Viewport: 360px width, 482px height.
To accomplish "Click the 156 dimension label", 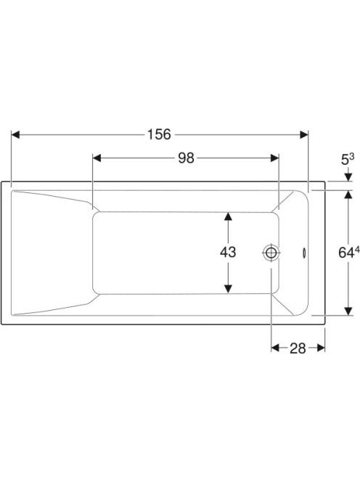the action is (159, 134).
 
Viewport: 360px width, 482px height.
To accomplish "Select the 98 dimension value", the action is (187, 158).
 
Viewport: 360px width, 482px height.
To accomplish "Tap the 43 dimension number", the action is (228, 252).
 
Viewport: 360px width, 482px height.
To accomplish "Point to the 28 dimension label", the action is (298, 348).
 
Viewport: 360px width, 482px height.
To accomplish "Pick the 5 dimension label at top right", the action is (345, 160).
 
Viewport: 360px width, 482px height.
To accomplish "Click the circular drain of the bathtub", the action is (271, 253).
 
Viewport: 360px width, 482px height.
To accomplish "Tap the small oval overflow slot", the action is (304, 253).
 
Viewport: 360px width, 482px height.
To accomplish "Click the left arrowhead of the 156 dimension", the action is (15, 134).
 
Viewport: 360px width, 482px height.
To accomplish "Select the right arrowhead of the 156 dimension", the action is (303, 134).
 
